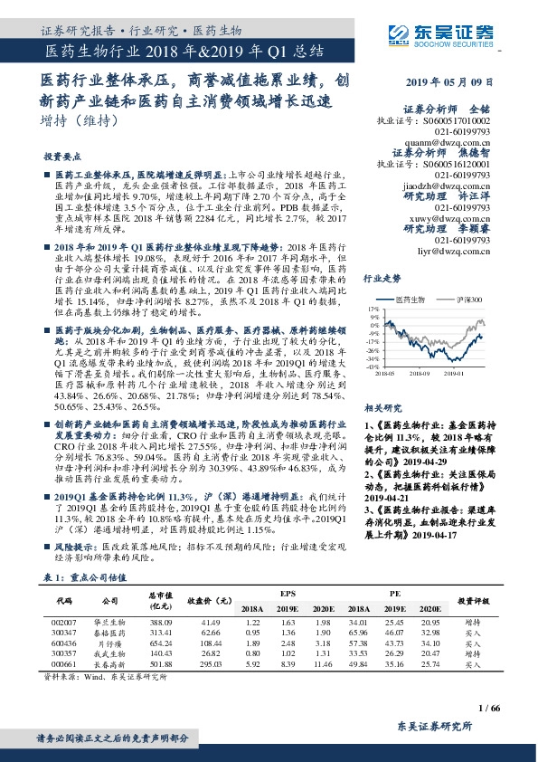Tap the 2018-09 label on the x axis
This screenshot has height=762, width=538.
click(419, 371)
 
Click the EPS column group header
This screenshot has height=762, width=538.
click(286, 592)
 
